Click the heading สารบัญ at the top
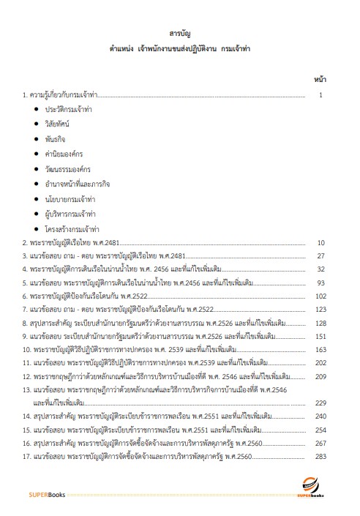tap(179, 34)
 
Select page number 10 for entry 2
tap(320, 243)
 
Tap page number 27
tap(320, 256)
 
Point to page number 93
tap(320, 283)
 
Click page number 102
tap(320, 296)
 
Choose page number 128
tap(320, 322)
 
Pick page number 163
tap(320, 349)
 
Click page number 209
tap(320, 376)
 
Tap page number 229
tap(320, 403)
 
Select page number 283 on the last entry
tap(320, 456)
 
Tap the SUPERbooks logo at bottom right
tap(316, 489)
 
